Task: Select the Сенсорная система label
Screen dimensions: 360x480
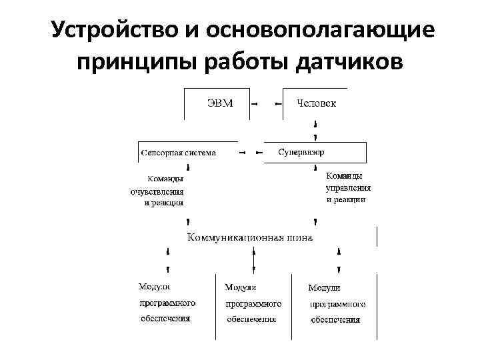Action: (178, 153)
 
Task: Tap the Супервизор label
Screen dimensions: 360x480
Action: (301, 152)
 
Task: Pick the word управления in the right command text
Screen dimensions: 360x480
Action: (347, 188)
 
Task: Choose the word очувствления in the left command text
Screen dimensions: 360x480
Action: (157, 191)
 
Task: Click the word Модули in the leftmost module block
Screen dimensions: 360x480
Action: (154, 287)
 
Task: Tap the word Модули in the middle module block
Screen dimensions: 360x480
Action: (241, 287)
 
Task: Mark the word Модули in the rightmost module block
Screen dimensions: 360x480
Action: (324, 288)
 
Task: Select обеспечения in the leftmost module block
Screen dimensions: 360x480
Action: (165, 319)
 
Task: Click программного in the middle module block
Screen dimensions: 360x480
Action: (253, 304)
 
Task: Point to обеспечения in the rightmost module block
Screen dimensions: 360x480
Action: (336, 320)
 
